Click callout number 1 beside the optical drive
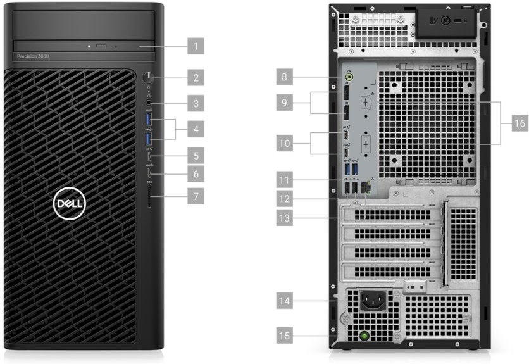point(197,46)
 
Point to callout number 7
point(197,196)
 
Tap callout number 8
point(287,78)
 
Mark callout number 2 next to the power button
point(197,78)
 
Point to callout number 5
point(197,154)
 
